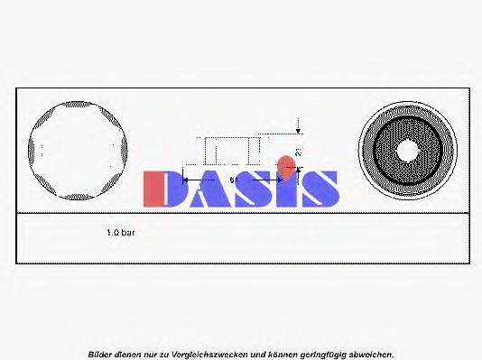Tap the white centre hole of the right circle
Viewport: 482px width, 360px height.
coord(406,150)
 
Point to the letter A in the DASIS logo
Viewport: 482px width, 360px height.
coord(206,189)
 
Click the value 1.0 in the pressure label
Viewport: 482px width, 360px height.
coord(113,232)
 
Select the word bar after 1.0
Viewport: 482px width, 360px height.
coord(129,232)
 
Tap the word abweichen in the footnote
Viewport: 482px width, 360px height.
coord(370,354)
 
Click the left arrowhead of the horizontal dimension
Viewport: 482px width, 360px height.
coord(187,180)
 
